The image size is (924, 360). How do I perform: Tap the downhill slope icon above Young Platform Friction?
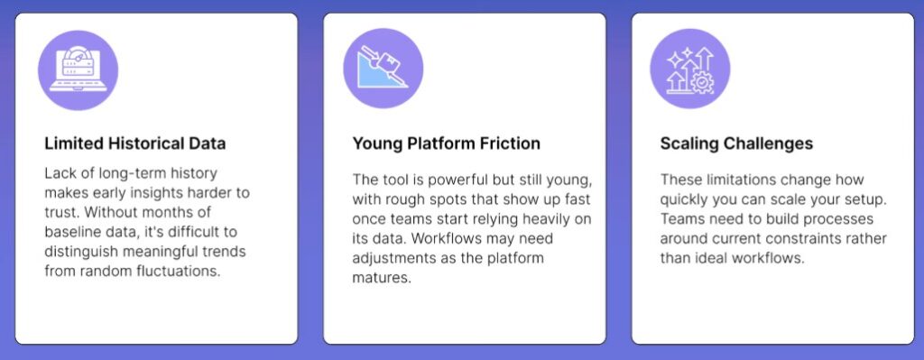383,69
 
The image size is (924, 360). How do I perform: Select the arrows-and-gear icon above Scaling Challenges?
690,69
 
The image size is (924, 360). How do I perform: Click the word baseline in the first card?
69,232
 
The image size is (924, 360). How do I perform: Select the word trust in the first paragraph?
60,212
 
